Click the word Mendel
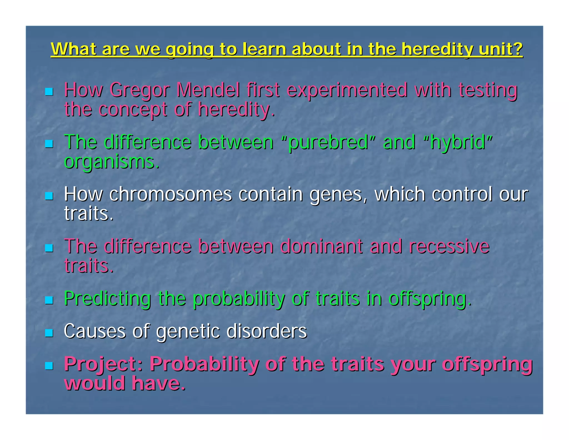point(208,90)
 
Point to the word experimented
point(347,91)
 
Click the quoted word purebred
point(328,142)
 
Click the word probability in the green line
point(239,299)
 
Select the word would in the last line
point(94,383)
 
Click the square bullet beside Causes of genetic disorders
point(49,333)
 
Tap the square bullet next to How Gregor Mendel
point(49,92)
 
